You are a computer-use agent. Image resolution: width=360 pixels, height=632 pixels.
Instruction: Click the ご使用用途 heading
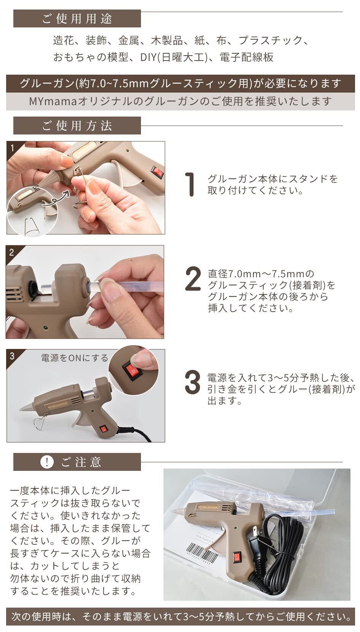(77, 19)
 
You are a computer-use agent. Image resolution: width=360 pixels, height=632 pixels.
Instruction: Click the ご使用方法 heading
(77, 126)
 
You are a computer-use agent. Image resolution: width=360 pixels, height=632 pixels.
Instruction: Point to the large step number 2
(193, 279)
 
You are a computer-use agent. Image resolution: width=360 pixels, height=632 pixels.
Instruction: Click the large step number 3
(193, 382)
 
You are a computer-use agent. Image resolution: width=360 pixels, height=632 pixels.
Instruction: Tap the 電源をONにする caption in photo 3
(75, 358)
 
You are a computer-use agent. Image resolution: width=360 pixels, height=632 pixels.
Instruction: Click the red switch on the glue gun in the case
(237, 557)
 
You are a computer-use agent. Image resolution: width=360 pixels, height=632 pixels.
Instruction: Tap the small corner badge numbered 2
(11, 252)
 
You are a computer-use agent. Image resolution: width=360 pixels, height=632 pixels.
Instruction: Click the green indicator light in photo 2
(45, 328)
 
